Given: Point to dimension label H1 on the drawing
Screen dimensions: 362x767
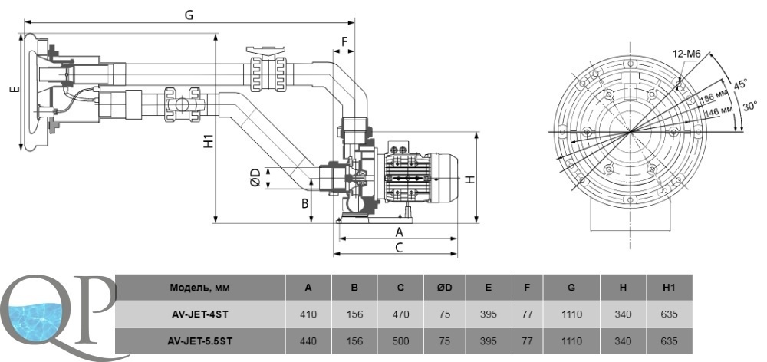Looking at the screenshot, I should [x=208, y=142].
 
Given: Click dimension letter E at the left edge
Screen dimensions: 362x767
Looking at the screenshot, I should [x=13, y=90].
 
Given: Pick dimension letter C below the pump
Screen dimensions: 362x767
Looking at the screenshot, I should [x=399, y=248].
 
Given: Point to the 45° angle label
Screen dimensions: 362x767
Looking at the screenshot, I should [x=739, y=85].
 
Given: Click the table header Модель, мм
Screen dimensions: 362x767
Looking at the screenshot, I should [x=199, y=288].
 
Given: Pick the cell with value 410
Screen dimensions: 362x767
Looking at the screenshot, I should [x=308, y=314].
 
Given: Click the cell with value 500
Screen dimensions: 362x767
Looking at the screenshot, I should [x=400, y=340].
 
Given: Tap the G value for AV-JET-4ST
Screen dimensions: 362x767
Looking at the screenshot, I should [x=571, y=314].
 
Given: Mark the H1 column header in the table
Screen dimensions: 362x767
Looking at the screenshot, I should [x=669, y=288].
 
